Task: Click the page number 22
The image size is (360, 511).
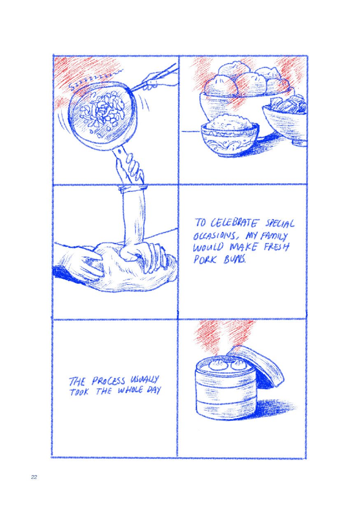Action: pos(34,477)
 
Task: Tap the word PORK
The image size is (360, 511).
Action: pos(204,260)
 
